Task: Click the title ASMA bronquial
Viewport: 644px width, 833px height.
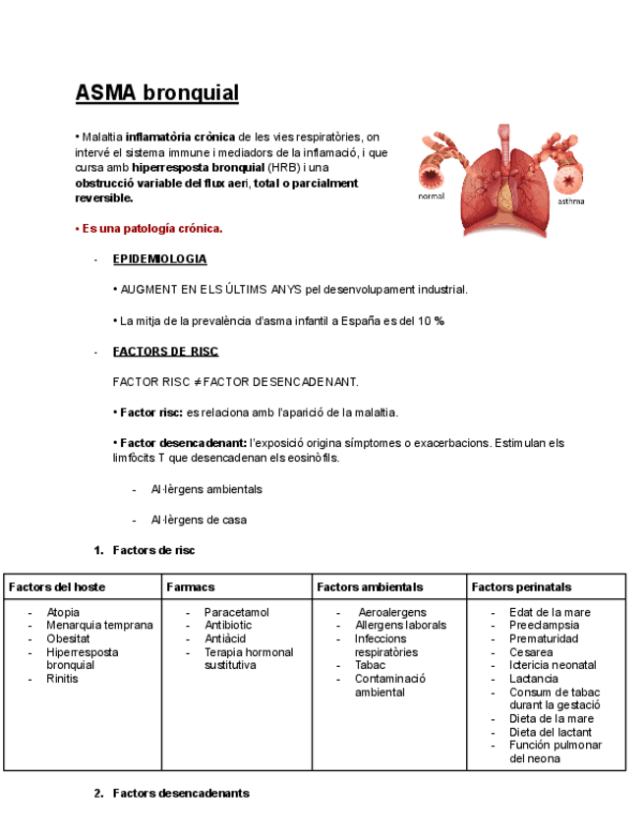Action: pos(157,93)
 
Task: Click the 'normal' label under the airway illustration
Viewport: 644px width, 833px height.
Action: pos(431,196)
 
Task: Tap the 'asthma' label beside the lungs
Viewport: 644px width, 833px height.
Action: pos(570,201)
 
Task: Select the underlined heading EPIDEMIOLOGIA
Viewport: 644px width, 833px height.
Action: pos(159,259)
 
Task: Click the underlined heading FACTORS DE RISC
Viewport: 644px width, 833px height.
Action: pos(165,352)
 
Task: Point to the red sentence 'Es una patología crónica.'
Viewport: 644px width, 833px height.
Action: pos(149,229)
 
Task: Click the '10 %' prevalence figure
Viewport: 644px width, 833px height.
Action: pos(432,321)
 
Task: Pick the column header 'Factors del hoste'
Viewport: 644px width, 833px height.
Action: pos(57,587)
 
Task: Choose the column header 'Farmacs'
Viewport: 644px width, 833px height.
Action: pos(191,587)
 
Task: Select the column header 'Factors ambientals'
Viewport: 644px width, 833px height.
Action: pos(370,587)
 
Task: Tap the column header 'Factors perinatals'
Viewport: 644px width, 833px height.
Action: pos(521,587)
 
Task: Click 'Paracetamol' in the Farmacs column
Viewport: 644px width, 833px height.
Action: pos(237,612)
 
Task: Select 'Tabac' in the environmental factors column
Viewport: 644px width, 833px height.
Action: pos(371,665)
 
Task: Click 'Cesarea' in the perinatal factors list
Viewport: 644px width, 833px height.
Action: pos(531,652)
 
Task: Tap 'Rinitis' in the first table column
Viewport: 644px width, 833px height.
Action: pos(63,679)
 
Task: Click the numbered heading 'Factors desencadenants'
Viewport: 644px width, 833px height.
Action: pos(181,793)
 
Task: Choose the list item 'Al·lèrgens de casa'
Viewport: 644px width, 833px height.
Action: pos(199,520)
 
